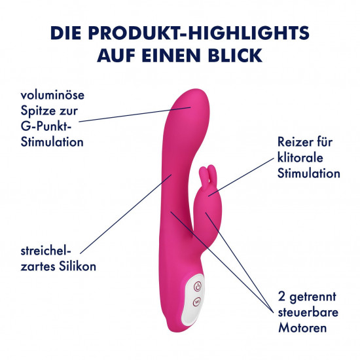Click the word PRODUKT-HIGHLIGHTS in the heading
coord(199,33)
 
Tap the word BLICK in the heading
coord(236,56)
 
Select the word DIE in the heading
coord(66,33)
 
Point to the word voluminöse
coord(52,95)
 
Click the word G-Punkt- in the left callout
coord(46,126)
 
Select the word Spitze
coord(37,111)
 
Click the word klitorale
coord(300,158)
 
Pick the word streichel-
coord(46,251)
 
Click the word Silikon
coord(77,266)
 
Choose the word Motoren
coord(302,328)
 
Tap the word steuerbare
coord(308,312)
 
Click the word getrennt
coord(313,297)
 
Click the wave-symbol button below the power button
coord(197,301)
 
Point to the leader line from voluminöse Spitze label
coord(135,115)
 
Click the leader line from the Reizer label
coord(241,177)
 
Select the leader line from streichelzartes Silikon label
coord(126,214)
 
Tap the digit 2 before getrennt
coord(281,297)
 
